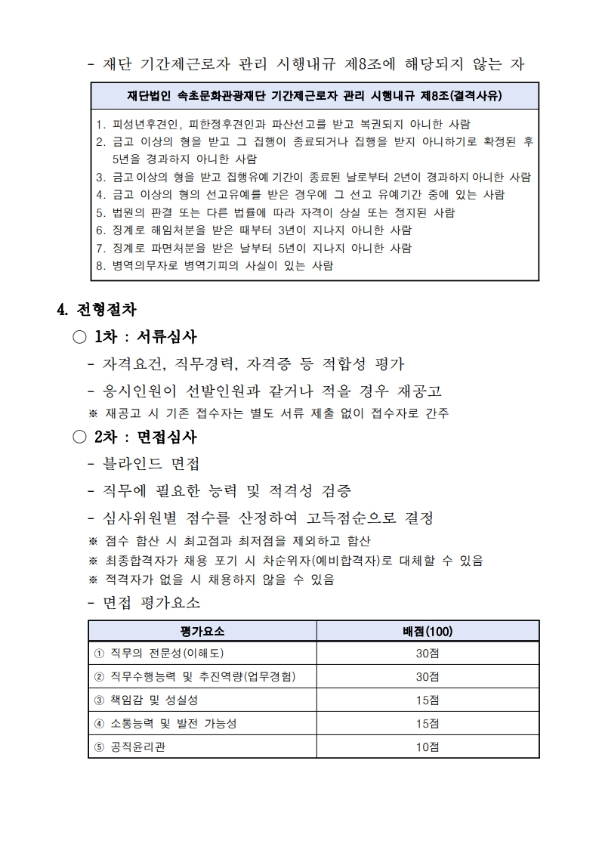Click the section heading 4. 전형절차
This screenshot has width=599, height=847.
pyautogui.click(x=97, y=309)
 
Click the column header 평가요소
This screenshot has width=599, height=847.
pyautogui.click(x=202, y=631)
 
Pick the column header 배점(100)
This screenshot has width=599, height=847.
pyautogui.click(x=428, y=631)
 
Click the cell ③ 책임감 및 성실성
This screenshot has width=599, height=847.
pyautogui.click(x=145, y=700)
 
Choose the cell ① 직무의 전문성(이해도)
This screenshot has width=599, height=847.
pyautogui.click(x=159, y=653)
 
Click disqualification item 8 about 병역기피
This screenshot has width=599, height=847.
pyautogui.click(x=215, y=265)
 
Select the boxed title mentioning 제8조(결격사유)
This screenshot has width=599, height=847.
pyautogui.click(x=315, y=96)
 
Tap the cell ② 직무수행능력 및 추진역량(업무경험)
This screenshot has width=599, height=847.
pyautogui.click(x=193, y=676)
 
